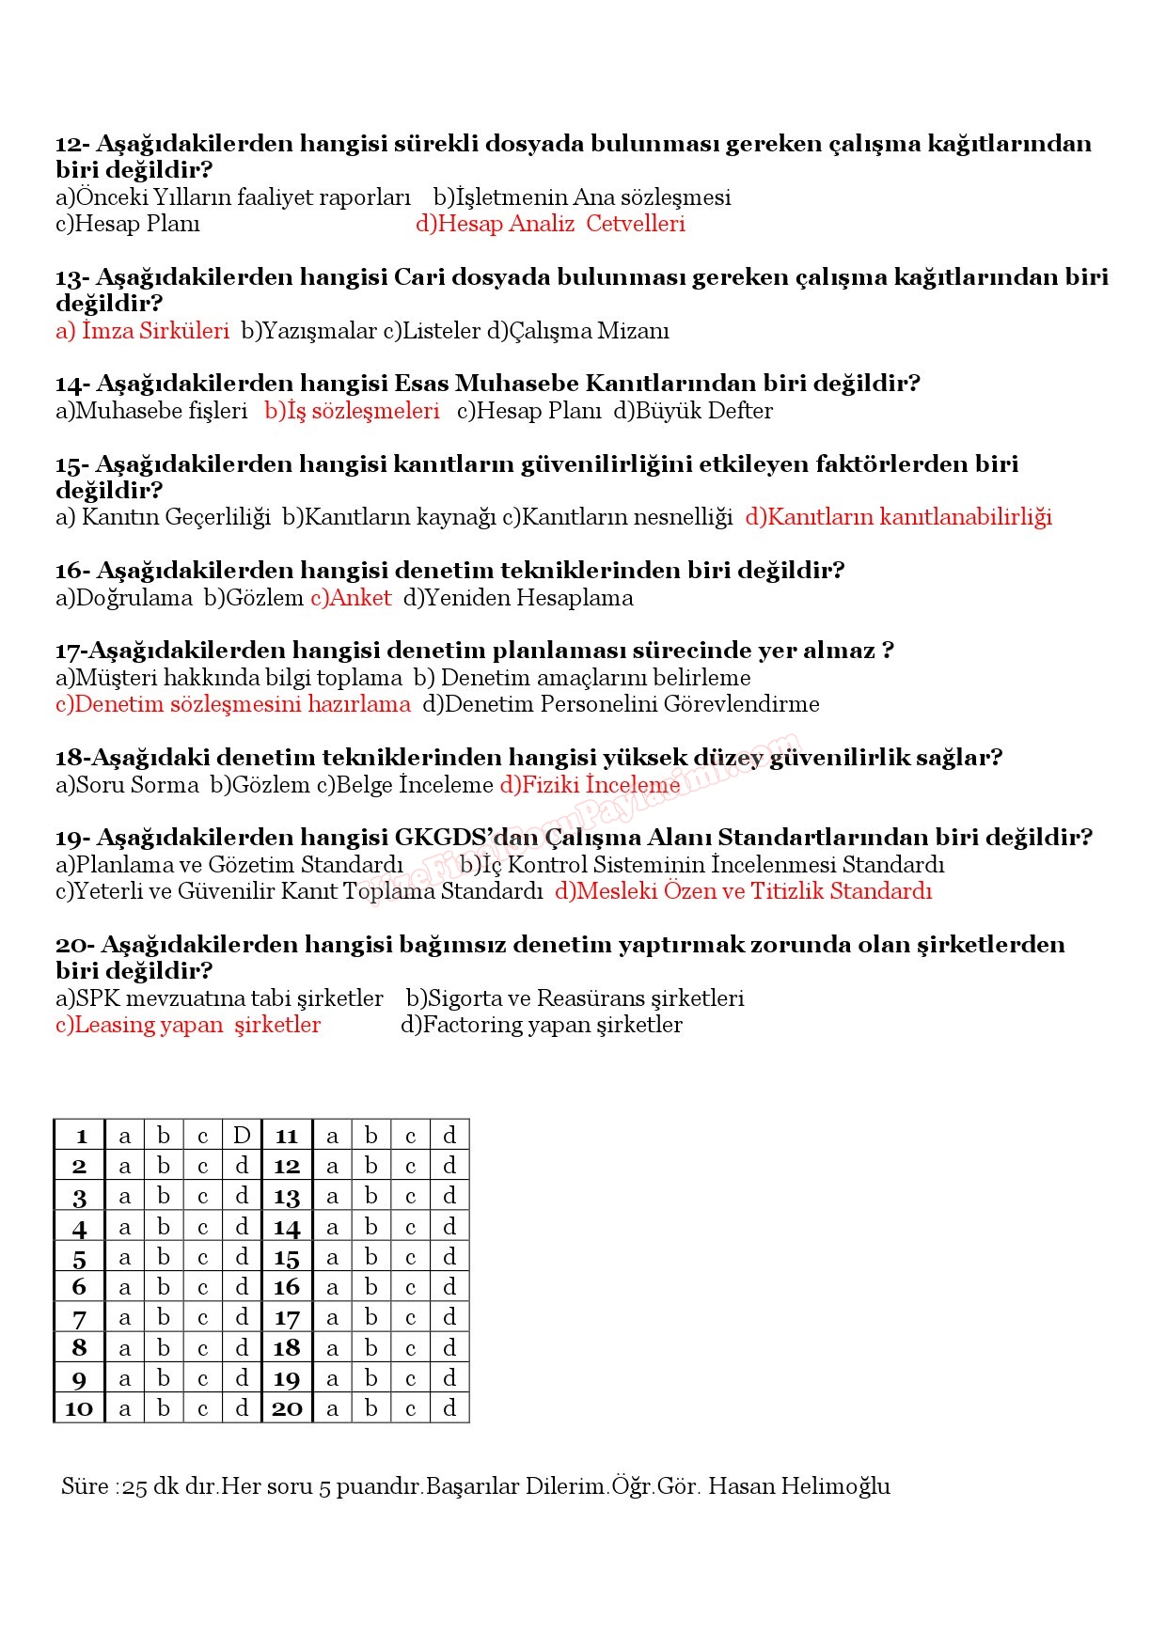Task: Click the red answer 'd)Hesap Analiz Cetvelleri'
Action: tap(550, 224)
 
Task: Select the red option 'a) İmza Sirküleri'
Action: tap(142, 331)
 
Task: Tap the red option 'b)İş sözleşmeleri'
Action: tap(352, 411)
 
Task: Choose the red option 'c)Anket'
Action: tap(351, 598)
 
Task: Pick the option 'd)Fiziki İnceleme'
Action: tap(590, 785)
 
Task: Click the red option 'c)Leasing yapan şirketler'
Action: tap(188, 1025)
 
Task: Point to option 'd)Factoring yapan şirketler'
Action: tap(542, 1025)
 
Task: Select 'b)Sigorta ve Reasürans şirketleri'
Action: tap(575, 998)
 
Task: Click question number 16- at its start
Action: tap(71, 571)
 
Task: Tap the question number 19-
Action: tap(71, 838)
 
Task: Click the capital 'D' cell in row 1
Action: tap(242, 1136)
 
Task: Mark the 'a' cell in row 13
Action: tap(332, 1197)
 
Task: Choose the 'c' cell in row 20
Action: tap(410, 1408)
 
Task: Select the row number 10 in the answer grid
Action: tap(79, 1408)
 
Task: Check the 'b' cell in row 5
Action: tap(164, 1257)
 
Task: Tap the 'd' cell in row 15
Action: tap(449, 1257)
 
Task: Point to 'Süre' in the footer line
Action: tap(85, 1486)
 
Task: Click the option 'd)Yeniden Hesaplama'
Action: tap(518, 598)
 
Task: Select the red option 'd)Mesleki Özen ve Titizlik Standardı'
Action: tap(743, 891)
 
